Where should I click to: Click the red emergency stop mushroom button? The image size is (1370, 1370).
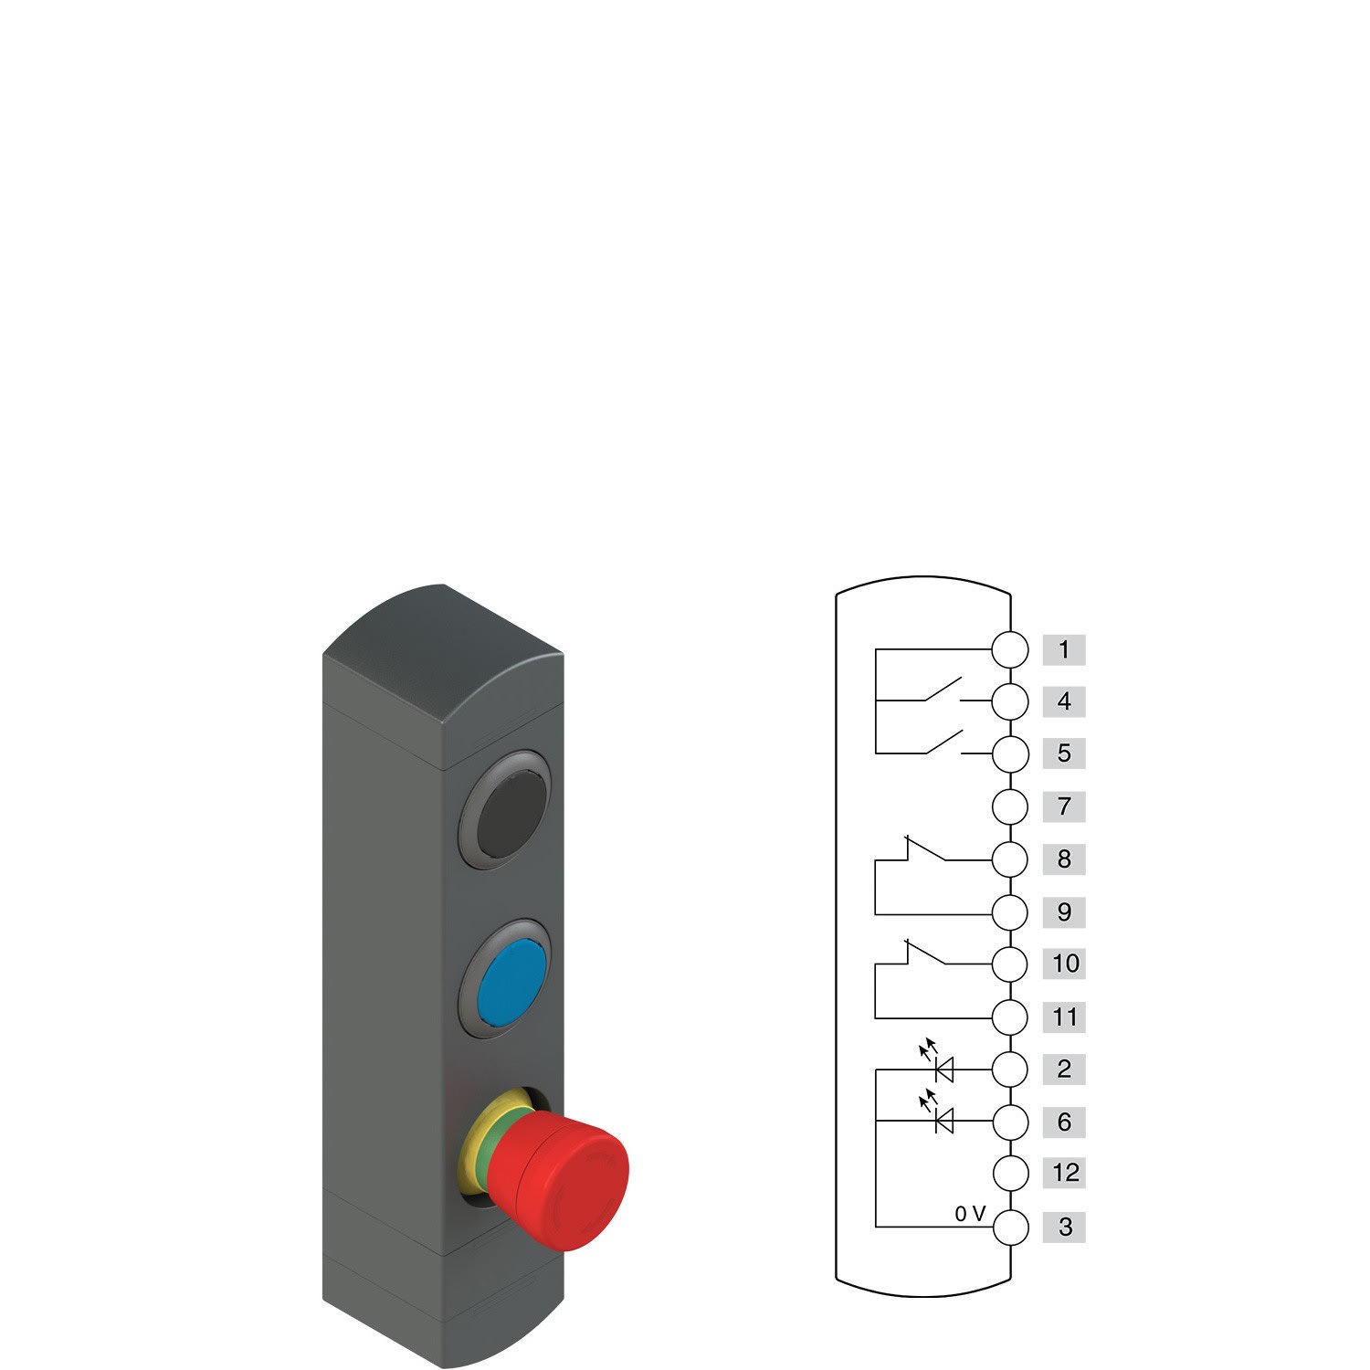click(559, 1179)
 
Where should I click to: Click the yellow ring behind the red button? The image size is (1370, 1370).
click(484, 1142)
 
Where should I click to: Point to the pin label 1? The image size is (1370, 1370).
click(1064, 649)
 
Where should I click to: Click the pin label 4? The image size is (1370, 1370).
click(1064, 701)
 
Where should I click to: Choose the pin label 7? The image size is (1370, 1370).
click(1064, 806)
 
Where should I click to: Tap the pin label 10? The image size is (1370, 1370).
click(1064, 964)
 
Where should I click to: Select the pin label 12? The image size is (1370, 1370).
click(1064, 1173)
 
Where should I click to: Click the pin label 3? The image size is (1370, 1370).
click(1064, 1227)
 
